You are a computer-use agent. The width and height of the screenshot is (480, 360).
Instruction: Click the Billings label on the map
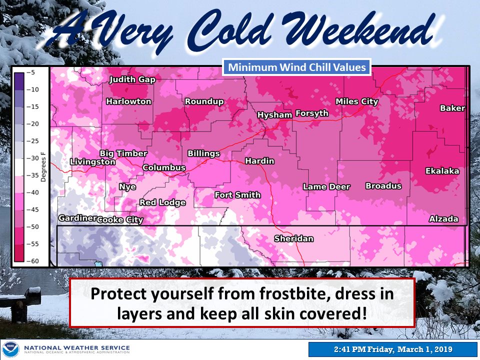click(x=203, y=153)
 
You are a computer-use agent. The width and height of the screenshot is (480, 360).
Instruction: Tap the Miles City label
click(x=357, y=101)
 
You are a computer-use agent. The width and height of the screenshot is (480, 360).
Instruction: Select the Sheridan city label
click(x=293, y=238)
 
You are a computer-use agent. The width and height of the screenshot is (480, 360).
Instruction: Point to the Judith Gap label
click(x=132, y=80)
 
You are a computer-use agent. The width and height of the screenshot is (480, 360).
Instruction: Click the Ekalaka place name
click(x=442, y=171)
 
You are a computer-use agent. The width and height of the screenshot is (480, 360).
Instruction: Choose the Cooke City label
click(x=120, y=220)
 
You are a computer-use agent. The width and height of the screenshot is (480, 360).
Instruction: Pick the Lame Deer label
click(x=326, y=187)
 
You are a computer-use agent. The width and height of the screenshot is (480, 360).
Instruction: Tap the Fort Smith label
click(x=237, y=195)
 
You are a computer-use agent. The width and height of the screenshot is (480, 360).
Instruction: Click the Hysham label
click(x=274, y=115)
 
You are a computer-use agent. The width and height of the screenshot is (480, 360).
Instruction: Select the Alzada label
click(x=443, y=219)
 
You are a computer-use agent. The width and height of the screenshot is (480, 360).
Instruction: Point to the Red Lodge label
click(x=162, y=202)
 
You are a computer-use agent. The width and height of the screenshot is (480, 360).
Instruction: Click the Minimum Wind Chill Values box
click(x=297, y=67)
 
